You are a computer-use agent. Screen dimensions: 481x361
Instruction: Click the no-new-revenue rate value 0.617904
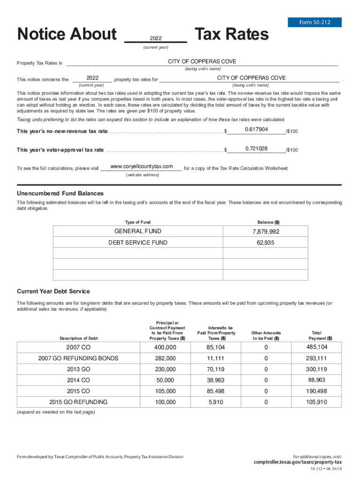256,130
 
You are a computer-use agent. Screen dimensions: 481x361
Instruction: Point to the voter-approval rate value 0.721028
256,149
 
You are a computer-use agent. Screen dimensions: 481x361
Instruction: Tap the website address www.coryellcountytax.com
142,167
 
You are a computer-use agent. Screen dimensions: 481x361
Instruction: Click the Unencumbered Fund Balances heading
60,194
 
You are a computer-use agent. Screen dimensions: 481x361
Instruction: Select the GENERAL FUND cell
138,231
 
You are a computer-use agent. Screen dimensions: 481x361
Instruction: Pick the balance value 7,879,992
265,232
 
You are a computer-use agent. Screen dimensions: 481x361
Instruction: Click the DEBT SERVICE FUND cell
138,243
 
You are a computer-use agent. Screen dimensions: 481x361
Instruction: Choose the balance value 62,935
265,243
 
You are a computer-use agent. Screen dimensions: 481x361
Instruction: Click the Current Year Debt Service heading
53,291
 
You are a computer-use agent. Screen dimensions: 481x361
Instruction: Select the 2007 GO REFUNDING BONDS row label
78,358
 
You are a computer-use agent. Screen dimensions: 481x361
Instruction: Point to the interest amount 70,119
216,369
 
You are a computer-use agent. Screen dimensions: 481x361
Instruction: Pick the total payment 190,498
317,391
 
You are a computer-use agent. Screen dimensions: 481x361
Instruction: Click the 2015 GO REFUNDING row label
78,402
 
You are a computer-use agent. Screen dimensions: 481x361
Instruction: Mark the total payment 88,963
317,380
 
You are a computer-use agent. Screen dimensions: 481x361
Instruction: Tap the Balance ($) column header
269,222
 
